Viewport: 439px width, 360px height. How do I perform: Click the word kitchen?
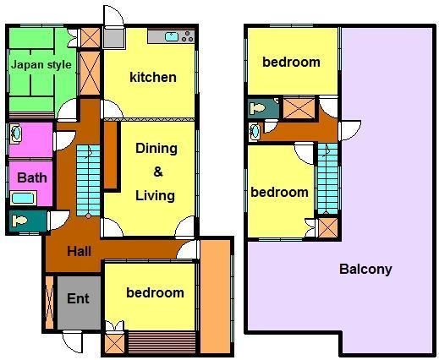pos(153,77)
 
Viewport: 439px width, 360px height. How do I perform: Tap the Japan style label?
pos(41,65)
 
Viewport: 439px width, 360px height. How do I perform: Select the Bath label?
pos(32,177)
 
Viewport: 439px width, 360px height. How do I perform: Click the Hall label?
pos(79,251)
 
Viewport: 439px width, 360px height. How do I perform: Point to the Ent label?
pos(78,298)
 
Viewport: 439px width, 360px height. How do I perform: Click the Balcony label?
pos(365,269)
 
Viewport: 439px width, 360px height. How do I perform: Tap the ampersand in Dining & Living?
pos(158,172)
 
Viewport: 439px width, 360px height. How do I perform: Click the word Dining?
pos(156,149)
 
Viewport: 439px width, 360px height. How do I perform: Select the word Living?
pos(155,195)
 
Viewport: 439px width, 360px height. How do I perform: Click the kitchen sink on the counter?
pos(172,36)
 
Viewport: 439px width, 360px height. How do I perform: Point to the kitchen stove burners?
pos(188,36)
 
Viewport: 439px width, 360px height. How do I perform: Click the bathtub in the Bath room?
pos(23,198)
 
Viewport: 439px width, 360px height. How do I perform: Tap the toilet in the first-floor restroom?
pos(19,221)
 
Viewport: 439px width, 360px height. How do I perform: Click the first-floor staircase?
pos(88,181)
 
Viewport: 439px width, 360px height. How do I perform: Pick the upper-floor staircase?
pos(327,178)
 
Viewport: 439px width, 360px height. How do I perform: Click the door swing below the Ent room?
pos(73,341)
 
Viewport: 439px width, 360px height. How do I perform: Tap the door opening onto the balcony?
pos(350,131)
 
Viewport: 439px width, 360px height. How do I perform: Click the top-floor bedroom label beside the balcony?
pos(291,62)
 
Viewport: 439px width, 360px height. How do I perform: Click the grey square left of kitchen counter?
pos(113,38)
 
